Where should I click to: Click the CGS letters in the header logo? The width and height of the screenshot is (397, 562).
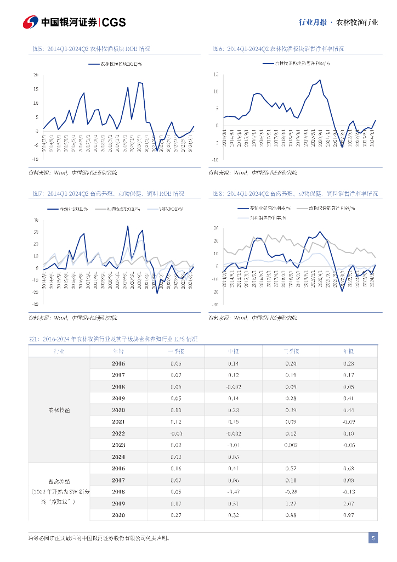click(114, 22)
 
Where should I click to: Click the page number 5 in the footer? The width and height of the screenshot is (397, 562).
click(373, 538)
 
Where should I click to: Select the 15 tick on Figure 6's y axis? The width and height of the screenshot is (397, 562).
click(216, 75)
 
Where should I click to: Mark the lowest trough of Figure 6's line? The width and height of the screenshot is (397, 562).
click(342, 147)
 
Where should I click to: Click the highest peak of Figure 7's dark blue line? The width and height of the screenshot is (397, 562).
click(128, 226)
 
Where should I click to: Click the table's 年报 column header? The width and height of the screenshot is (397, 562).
click(348, 352)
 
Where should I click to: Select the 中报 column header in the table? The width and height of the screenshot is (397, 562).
click(233, 352)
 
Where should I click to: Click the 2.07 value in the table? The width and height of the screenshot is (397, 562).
click(348, 503)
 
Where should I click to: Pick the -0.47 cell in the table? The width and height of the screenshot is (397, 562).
click(233, 492)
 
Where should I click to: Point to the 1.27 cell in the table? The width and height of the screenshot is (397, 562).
click(291, 503)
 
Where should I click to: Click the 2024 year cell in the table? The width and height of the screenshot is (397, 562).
click(118, 457)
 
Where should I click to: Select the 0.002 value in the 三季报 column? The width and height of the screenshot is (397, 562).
click(291, 445)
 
